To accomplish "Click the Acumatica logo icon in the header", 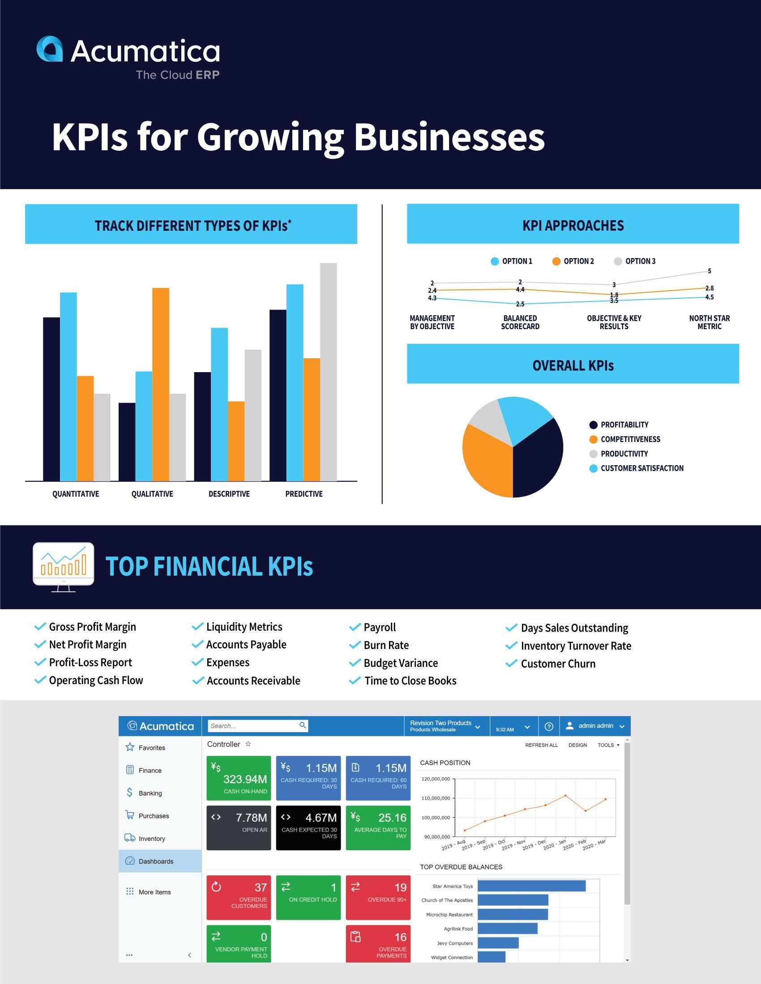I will [50, 49].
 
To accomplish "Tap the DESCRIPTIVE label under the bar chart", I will [229, 494].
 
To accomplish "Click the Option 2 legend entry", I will [573, 261].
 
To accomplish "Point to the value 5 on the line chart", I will [709, 271].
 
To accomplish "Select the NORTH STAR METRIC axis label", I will [709, 322].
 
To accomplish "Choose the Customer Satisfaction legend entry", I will [636, 468].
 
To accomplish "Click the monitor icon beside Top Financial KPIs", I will [64, 566].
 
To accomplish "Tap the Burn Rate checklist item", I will [386, 645].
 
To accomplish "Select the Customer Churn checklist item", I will [558, 664].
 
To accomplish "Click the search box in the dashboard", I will [252, 726].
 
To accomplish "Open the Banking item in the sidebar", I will [150, 793].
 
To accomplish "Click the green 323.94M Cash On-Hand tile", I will [239, 778].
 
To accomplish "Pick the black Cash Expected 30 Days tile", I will [308, 827].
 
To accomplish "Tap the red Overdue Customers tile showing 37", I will [239, 898].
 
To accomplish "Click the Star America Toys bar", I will [531, 886].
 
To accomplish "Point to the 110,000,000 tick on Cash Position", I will [436, 798].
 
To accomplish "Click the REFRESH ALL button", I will [541, 745].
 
